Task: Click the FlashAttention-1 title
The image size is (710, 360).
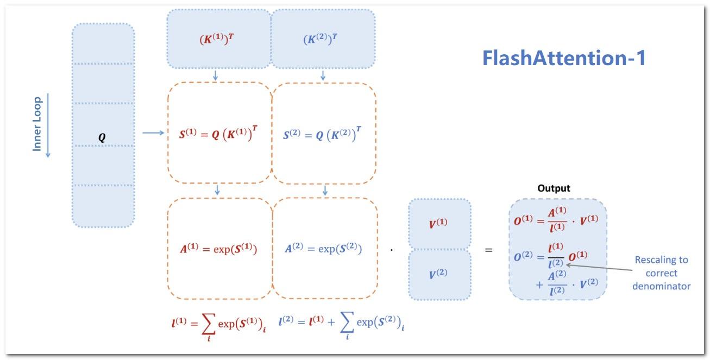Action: [564, 58]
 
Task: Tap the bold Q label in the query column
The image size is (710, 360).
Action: [102, 138]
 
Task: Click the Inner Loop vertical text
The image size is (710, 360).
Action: [37, 124]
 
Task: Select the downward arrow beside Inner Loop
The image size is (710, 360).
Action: [48, 125]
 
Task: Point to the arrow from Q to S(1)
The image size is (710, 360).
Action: [153, 132]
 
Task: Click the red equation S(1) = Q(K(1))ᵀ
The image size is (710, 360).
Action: [218, 134]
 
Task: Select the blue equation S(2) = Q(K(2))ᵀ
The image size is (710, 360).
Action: [322, 134]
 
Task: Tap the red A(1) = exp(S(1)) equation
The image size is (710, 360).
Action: [218, 249]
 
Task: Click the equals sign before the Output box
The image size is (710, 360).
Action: [489, 250]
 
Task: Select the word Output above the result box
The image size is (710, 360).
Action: [554, 188]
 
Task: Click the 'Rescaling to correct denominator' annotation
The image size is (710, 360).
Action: [661, 273]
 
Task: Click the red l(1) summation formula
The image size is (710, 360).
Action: [218, 325]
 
